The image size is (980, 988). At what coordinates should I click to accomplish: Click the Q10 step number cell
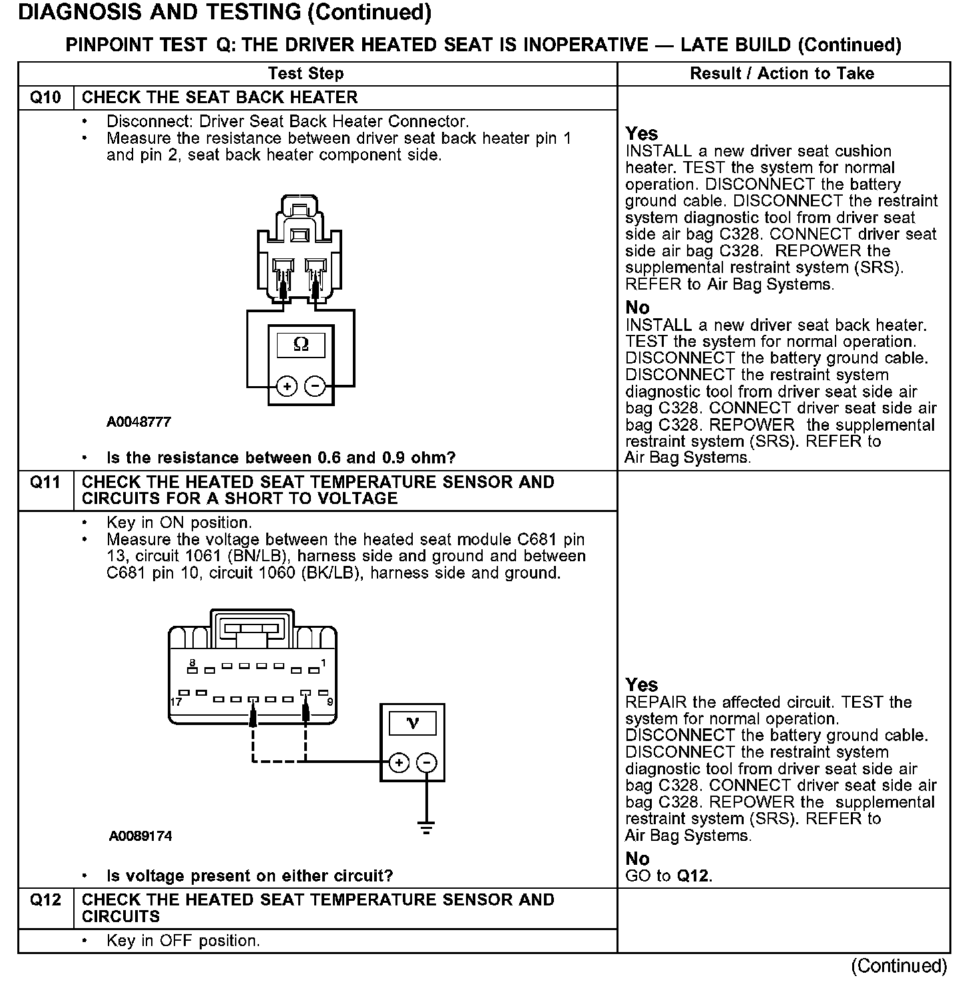(x=45, y=98)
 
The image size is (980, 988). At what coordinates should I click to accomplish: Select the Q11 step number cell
(x=45, y=482)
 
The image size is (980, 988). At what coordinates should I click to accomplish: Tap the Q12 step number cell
(x=45, y=900)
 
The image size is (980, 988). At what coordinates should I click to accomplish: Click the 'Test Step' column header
(x=306, y=74)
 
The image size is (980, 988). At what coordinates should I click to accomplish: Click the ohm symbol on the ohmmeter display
(x=301, y=344)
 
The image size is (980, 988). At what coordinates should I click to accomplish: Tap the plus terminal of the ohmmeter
(x=287, y=387)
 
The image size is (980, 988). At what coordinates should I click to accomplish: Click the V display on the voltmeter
(x=412, y=723)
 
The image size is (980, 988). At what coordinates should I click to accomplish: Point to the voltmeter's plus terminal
(x=398, y=763)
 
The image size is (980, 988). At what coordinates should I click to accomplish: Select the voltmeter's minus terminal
(x=427, y=763)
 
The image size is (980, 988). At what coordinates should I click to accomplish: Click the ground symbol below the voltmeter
(x=427, y=828)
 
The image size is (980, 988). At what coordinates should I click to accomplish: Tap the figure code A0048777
(x=138, y=422)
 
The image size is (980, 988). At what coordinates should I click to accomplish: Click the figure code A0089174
(x=140, y=836)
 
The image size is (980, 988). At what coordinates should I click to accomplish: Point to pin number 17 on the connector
(x=176, y=702)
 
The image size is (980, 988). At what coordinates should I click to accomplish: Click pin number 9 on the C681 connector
(x=330, y=702)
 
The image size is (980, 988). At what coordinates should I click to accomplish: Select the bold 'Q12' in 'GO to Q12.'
(x=693, y=875)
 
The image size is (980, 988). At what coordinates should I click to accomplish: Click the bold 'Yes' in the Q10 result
(x=641, y=134)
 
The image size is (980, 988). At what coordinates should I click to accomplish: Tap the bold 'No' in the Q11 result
(x=637, y=859)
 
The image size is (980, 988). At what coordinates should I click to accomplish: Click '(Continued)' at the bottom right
(x=898, y=966)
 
